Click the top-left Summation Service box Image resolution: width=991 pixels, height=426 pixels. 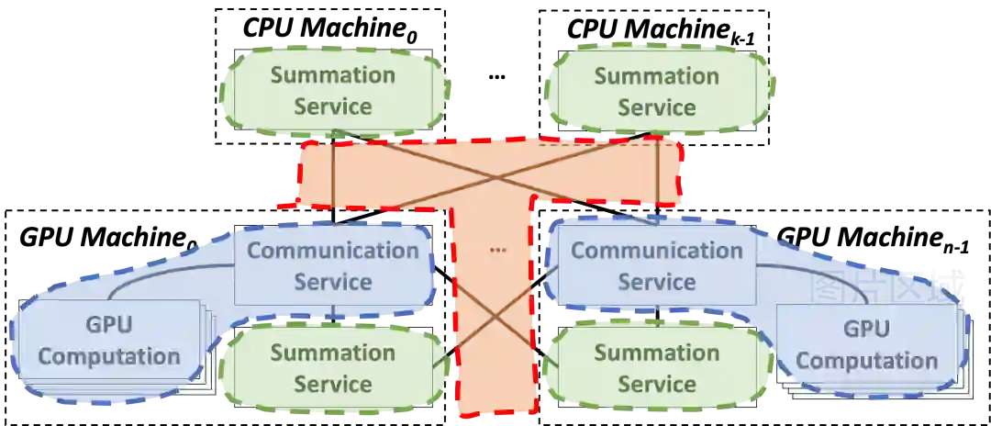click(333, 90)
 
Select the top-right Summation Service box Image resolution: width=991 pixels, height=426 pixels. click(656, 90)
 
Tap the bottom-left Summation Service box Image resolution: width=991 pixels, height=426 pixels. click(333, 367)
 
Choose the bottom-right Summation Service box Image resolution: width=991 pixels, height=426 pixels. click(656, 367)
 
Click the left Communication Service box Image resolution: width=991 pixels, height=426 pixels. click(333, 265)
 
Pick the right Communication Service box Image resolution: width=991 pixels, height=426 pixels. click(656, 265)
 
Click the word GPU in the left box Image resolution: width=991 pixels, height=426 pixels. click(108, 326)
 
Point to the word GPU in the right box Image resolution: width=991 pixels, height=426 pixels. click(866, 329)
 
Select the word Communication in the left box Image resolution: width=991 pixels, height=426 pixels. click(333, 250)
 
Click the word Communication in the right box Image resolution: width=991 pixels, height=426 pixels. click(656, 250)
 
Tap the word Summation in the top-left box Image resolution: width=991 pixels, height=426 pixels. click(333, 74)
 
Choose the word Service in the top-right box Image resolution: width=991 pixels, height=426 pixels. click(656, 106)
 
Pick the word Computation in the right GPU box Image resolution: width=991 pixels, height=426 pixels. click(866, 360)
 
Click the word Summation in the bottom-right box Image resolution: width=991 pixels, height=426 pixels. click(656, 352)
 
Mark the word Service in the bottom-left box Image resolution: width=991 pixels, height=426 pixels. click(333, 384)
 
